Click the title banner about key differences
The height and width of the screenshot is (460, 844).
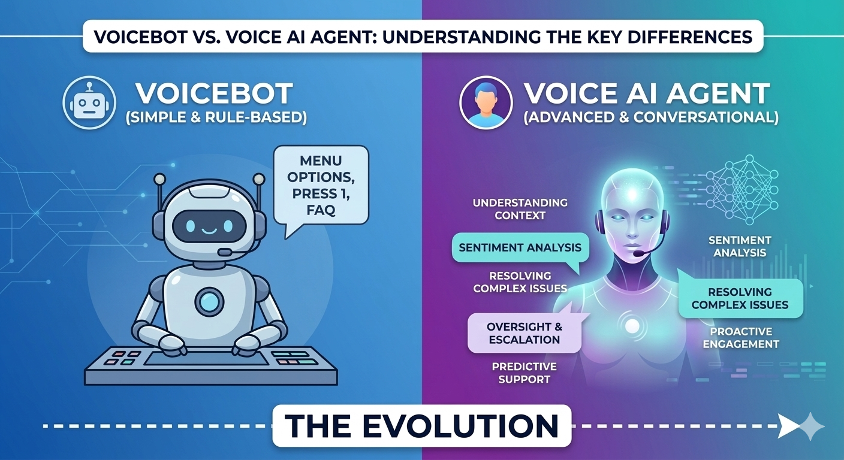click(422, 36)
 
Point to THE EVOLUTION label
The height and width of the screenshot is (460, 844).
click(422, 426)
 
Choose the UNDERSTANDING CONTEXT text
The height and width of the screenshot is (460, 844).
click(520, 209)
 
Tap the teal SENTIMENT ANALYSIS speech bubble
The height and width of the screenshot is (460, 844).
click(520, 247)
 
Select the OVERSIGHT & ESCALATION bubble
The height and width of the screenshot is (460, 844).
click(523, 333)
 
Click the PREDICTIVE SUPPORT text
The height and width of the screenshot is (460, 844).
click(524, 373)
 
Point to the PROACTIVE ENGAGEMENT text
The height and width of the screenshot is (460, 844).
click(741, 338)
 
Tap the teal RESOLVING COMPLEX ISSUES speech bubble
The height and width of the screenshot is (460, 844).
click(740, 299)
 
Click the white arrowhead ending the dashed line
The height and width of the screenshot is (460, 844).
click(789, 426)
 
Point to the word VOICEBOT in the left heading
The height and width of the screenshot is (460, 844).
click(213, 94)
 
